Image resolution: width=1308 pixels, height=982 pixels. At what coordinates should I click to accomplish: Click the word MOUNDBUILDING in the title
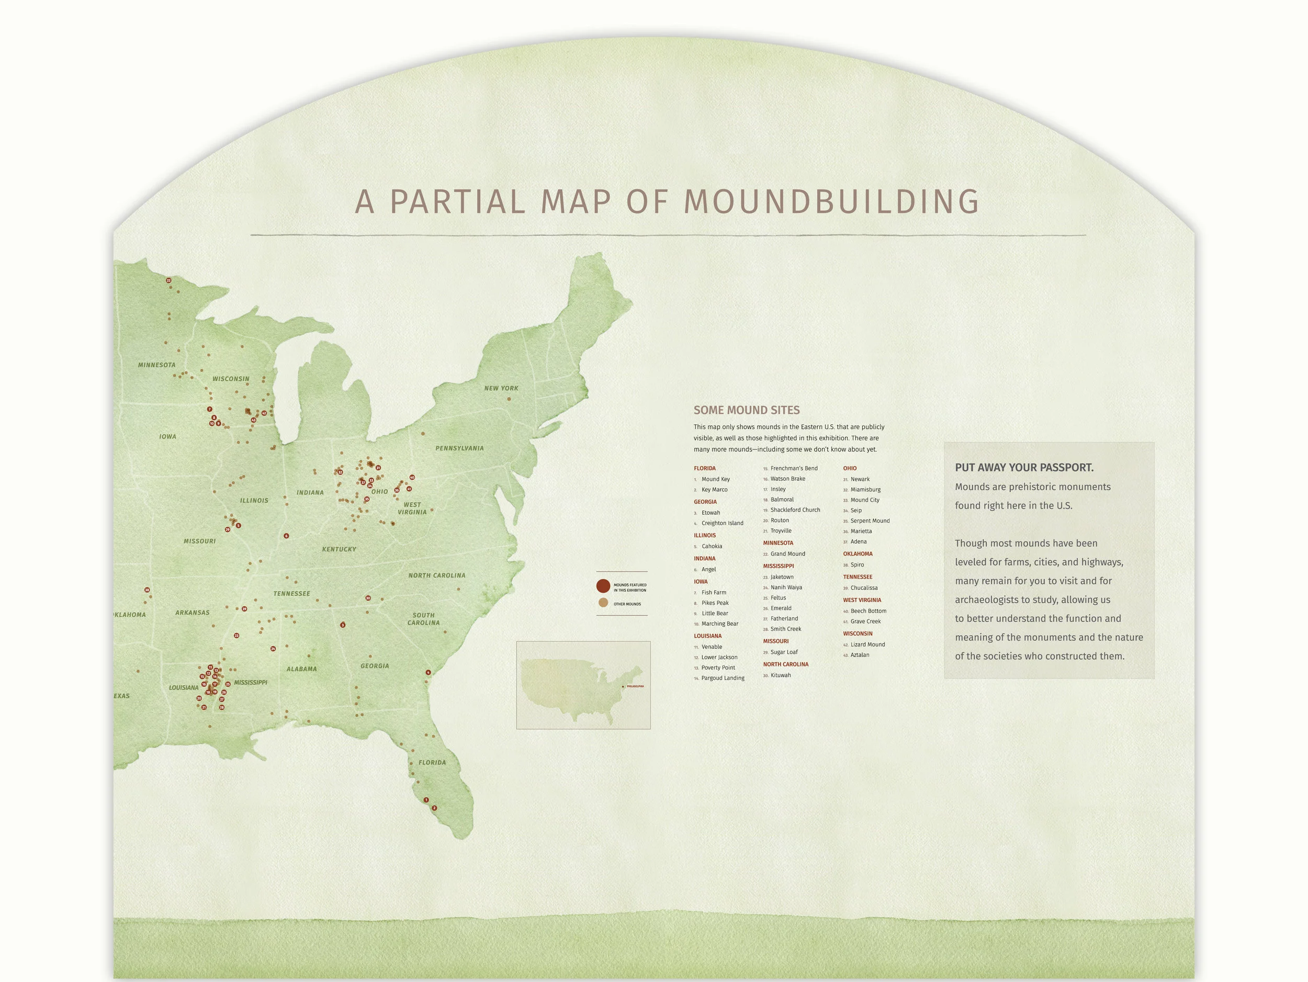pyautogui.click(x=831, y=201)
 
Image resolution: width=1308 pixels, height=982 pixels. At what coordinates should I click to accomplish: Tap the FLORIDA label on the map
pyautogui.click(x=432, y=762)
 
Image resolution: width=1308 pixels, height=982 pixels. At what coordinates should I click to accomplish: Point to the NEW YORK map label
pyautogui.click(x=501, y=388)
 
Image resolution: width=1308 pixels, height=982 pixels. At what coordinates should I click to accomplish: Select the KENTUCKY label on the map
pyautogui.click(x=339, y=549)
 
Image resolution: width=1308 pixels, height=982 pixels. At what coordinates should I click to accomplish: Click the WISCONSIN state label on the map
pyautogui.click(x=231, y=379)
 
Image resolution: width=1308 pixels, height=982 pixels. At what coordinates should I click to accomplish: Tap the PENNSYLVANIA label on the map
pyautogui.click(x=459, y=448)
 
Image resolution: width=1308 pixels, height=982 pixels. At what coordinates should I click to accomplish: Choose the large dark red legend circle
pyautogui.click(x=603, y=586)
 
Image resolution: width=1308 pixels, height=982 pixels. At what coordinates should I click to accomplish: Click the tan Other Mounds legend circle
pyautogui.click(x=603, y=603)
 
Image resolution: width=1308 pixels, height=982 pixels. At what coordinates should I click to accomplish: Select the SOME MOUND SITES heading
pyautogui.click(x=746, y=410)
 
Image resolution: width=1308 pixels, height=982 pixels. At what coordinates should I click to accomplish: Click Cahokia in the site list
pyautogui.click(x=712, y=546)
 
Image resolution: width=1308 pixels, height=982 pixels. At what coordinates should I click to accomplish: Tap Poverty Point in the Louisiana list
pyautogui.click(x=718, y=668)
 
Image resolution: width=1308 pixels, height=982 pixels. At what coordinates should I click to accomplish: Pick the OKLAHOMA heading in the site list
pyautogui.click(x=858, y=554)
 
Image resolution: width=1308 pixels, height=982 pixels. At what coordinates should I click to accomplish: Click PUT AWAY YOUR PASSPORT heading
pyautogui.click(x=1023, y=468)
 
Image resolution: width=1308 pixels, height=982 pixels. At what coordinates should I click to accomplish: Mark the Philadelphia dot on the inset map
pyautogui.click(x=623, y=686)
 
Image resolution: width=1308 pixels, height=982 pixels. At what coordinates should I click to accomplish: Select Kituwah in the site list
pyautogui.click(x=780, y=675)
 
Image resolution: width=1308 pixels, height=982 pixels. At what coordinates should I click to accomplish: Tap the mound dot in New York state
pyautogui.click(x=509, y=399)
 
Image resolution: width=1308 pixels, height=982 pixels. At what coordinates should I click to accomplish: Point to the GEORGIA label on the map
pyautogui.click(x=374, y=665)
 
